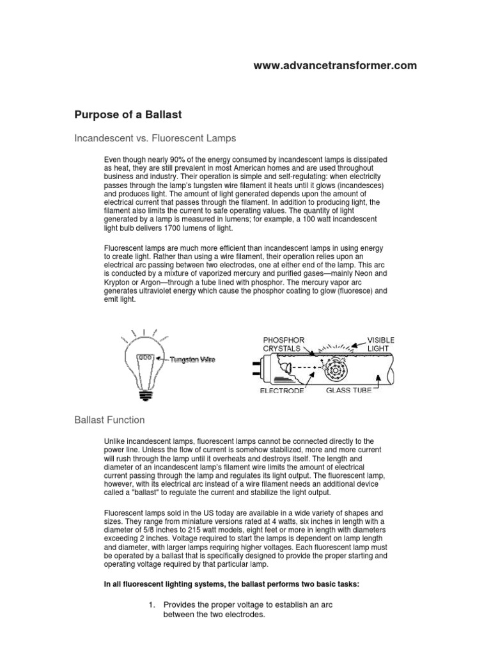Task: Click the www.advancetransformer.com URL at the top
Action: coord(335,65)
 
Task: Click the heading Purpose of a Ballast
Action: coord(129,114)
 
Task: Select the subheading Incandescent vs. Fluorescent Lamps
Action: coord(155,138)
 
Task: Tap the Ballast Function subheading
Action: coord(110,420)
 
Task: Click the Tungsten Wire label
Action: coord(192,359)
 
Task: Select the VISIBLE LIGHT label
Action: coord(380,343)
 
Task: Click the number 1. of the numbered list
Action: coord(152,605)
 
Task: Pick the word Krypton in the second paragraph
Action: coord(118,281)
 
